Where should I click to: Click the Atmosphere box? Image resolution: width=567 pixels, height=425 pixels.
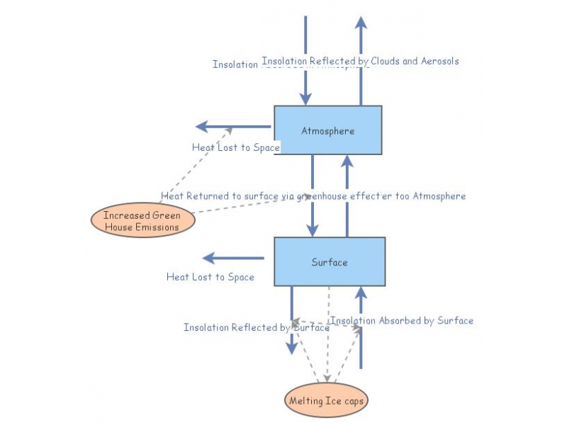click(327, 130)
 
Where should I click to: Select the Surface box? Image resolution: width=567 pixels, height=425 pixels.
click(330, 262)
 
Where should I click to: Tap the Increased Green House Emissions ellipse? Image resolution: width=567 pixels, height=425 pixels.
click(142, 220)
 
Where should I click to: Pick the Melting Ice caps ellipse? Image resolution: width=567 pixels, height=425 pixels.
click(327, 401)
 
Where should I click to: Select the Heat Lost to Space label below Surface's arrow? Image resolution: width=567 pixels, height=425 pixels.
click(210, 277)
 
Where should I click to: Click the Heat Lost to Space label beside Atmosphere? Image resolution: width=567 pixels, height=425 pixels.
click(235, 148)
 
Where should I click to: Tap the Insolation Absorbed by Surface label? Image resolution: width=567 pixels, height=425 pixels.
click(402, 321)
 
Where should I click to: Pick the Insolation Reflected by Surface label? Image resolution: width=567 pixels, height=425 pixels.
click(256, 328)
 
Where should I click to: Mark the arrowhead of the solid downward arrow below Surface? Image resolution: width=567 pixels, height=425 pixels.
click(291, 347)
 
